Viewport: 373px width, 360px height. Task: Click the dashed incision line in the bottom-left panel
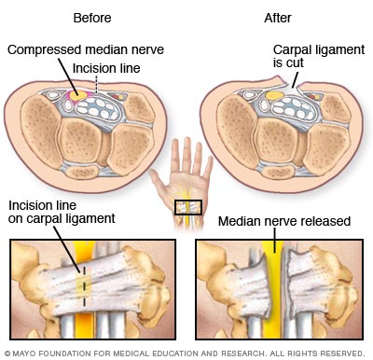point(86,283)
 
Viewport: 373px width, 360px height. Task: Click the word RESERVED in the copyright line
point(341,353)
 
